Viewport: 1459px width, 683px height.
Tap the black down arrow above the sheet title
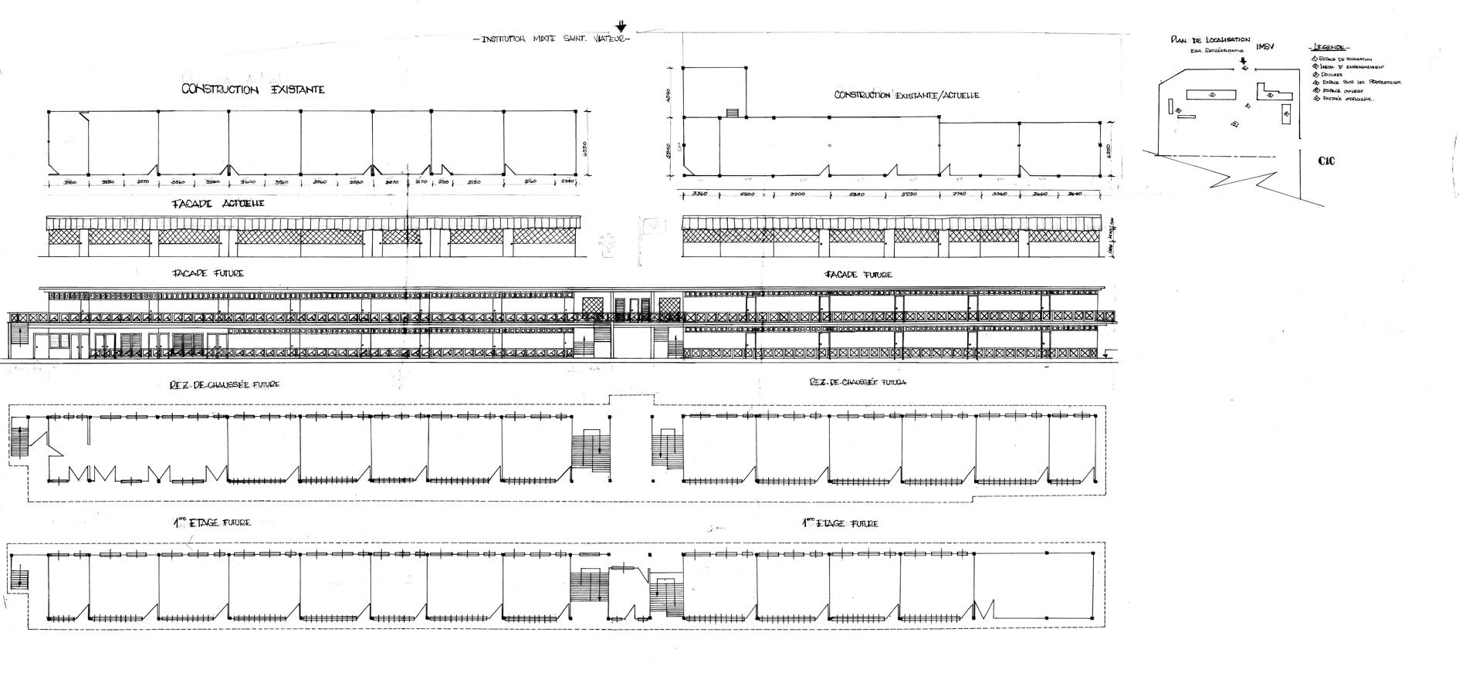point(621,26)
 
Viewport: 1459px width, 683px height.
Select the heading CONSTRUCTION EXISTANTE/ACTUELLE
point(906,95)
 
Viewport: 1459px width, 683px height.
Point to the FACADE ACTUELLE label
point(221,203)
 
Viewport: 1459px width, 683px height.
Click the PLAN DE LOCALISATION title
point(1210,40)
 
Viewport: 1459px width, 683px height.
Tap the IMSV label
point(1264,47)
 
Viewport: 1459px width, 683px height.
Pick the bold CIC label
point(1327,161)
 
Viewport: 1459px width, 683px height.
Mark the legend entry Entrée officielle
point(1342,99)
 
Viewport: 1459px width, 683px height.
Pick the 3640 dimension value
point(1075,194)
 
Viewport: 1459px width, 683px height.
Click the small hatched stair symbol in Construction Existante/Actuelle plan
point(733,113)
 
